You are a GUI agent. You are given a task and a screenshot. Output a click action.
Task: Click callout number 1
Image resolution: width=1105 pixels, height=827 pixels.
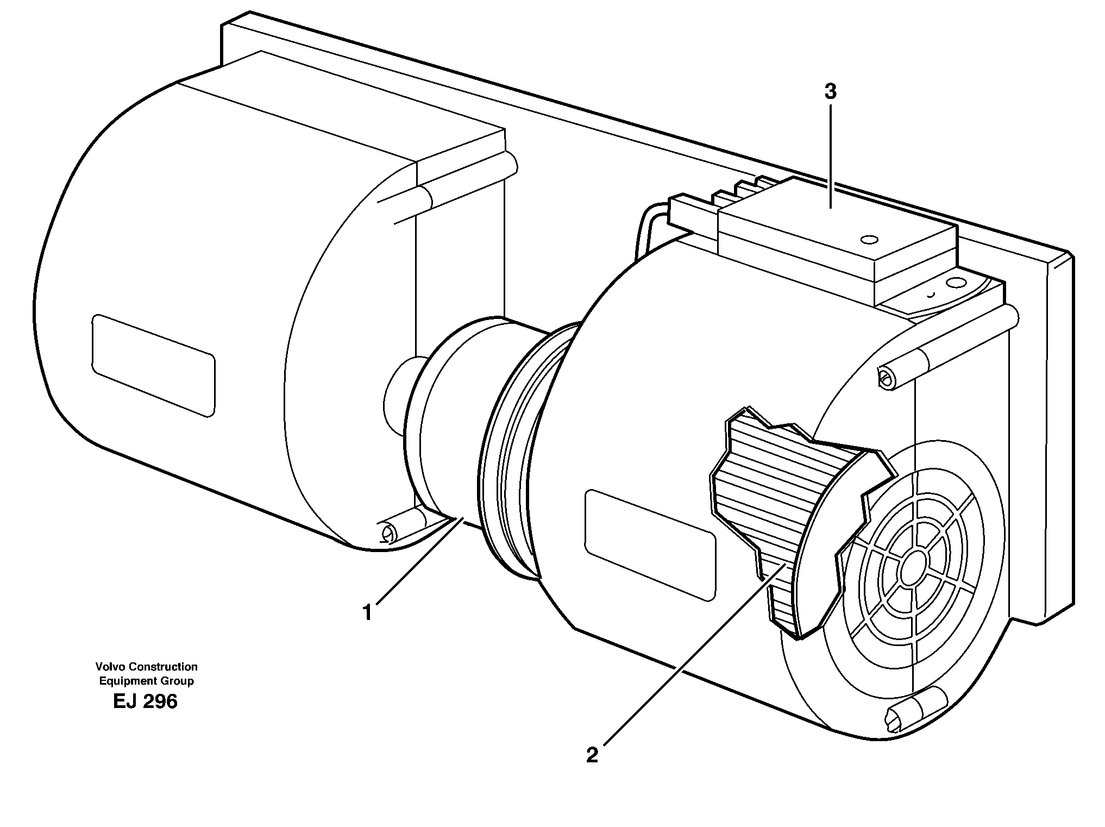coord(368,613)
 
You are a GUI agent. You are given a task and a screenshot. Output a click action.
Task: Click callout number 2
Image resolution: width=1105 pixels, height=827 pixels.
coord(592,755)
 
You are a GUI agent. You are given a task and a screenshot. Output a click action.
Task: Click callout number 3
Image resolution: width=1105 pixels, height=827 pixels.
coord(830,92)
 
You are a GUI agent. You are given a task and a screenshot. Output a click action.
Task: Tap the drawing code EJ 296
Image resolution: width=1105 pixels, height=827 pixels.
coord(145,702)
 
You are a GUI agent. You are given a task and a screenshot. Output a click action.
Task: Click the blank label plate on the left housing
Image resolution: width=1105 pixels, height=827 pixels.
coord(153,365)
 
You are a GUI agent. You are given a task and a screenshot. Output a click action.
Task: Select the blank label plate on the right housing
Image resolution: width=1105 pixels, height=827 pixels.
coord(650,544)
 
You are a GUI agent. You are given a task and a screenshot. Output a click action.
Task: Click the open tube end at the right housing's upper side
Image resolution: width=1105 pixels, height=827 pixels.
coord(886,378)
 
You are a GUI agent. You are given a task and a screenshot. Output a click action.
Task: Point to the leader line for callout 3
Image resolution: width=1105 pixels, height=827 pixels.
coord(830,158)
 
